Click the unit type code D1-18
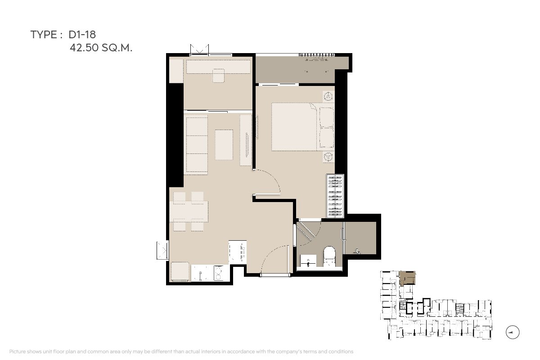coord(82,35)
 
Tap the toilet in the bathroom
coord(329,256)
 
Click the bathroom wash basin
coord(308,261)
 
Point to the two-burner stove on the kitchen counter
coord(219,273)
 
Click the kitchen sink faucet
coord(200,276)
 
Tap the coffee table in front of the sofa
coord(224,145)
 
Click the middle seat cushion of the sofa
coord(197,145)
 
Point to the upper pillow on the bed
coord(327,117)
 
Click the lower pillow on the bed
coord(327,137)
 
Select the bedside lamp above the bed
coord(328,97)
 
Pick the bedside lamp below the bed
coord(328,157)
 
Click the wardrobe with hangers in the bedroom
coord(335,196)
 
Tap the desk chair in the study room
coord(218,76)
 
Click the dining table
coord(189,211)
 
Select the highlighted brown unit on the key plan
coord(407,278)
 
